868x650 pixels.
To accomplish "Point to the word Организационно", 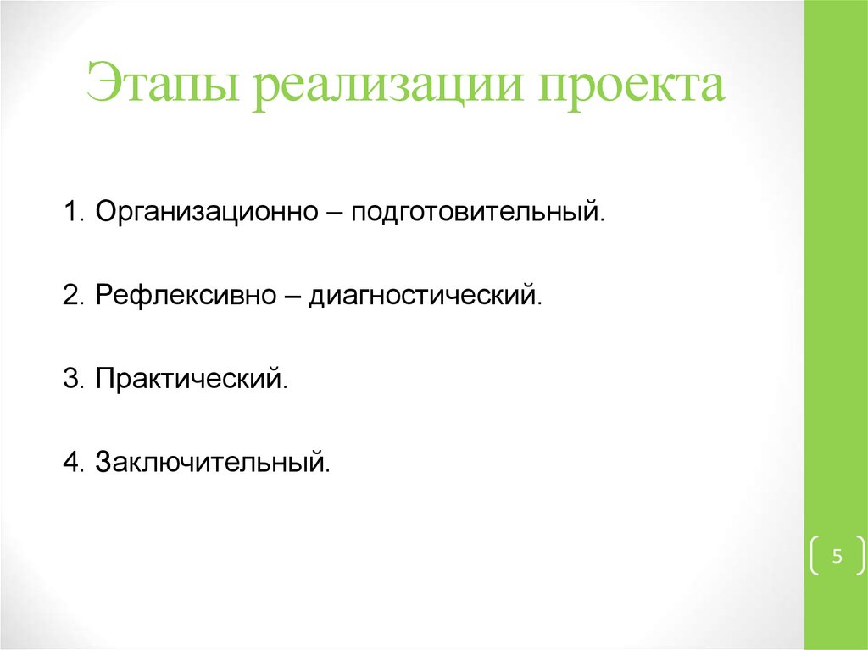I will point(207,210).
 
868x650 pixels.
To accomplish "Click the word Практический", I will point(190,378).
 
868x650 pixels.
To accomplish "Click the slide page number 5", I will point(837,557).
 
